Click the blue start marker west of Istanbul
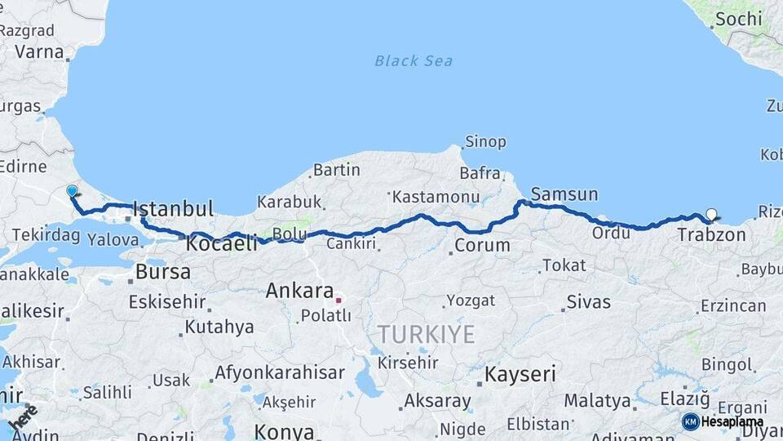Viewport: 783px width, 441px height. point(72,191)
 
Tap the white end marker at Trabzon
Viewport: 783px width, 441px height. point(711,215)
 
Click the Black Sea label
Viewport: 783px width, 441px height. point(414,60)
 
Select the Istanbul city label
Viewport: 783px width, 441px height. point(173,208)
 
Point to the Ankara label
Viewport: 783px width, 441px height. point(299,291)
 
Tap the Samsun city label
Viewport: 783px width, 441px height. point(564,194)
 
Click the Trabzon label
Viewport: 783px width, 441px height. point(711,235)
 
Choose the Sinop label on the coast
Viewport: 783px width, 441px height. point(485,142)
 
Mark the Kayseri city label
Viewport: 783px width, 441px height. point(520,375)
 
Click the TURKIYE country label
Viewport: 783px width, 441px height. point(425,334)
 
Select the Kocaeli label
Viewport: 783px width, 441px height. point(222,243)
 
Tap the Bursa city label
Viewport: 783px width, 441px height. point(163,271)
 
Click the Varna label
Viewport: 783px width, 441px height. point(38,51)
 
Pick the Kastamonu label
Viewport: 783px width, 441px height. point(436,197)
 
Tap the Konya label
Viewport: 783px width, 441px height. point(284,431)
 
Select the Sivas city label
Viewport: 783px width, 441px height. point(588,302)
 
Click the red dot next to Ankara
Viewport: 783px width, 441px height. point(338,300)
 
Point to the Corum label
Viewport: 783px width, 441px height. point(482,245)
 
